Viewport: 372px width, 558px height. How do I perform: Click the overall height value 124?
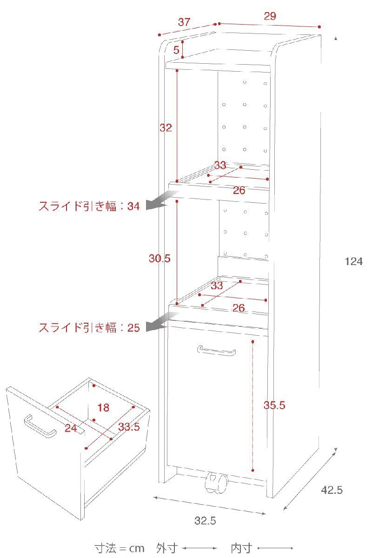coord(353,261)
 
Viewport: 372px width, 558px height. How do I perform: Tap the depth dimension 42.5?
coord(332,490)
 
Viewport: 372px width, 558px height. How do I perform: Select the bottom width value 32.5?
coord(205,521)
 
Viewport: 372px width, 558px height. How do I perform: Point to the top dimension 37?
coord(184,22)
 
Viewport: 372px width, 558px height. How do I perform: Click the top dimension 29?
coord(270,16)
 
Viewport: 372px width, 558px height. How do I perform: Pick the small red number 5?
coord(176,50)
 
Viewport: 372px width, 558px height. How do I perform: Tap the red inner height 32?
coord(166,128)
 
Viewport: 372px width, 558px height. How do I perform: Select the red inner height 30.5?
coord(159,259)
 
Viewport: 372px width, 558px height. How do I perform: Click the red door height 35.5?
coord(274,405)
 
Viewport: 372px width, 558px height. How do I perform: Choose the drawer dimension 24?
coord(71,428)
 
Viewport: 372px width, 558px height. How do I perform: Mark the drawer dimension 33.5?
coord(129,427)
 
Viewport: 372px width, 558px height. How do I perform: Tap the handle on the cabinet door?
coord(216,351)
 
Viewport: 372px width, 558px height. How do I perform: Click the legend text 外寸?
coord(167,548)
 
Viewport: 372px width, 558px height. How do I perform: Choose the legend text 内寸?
coord(241,548)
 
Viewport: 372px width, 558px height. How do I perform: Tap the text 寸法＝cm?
coord(120,548)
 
